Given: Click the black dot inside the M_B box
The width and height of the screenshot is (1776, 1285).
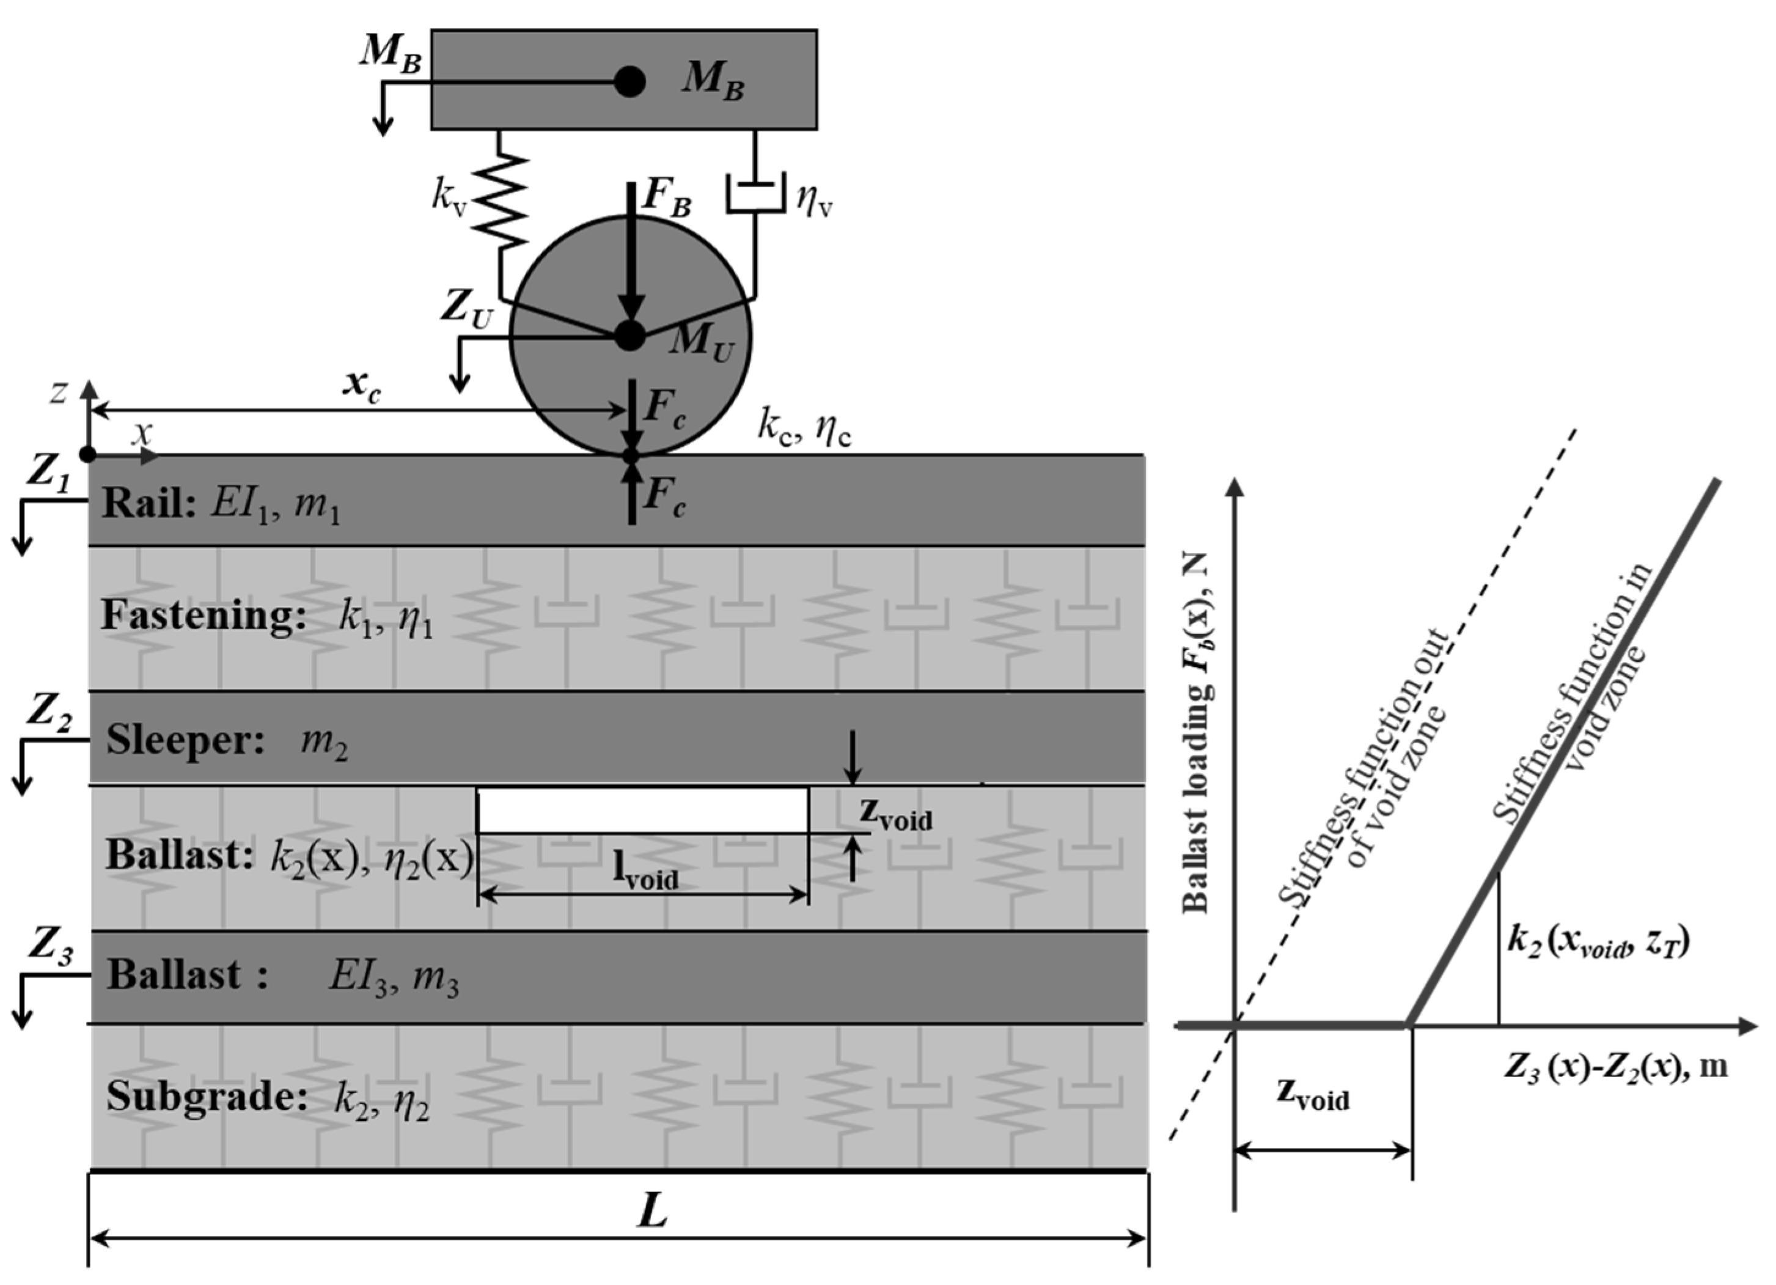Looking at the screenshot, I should point(629,81).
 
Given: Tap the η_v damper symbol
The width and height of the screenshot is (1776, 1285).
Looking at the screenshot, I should point(755,196).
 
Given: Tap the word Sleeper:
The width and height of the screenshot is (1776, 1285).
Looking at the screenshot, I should point(186,739).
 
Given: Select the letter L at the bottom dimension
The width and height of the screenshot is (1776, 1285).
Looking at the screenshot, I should point(651,1212).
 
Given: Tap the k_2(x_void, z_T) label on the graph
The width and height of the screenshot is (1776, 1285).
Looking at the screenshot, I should point(1598,940).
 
